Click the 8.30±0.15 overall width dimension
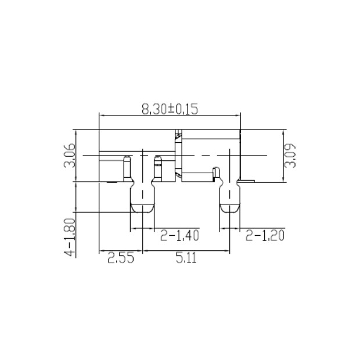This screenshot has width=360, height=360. point(170,108)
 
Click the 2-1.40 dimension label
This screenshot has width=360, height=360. point(180,236)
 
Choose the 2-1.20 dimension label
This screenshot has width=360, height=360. point(265,236)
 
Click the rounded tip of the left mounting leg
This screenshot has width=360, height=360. point(142,208)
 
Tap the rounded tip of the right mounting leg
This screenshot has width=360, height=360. point(231,208)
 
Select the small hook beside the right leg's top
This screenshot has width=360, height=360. point(216,172)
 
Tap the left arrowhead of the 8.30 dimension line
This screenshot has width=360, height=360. point(102,114)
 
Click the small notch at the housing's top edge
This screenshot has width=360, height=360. point(179,132)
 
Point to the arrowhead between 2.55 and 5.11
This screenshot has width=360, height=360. point(143,251)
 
